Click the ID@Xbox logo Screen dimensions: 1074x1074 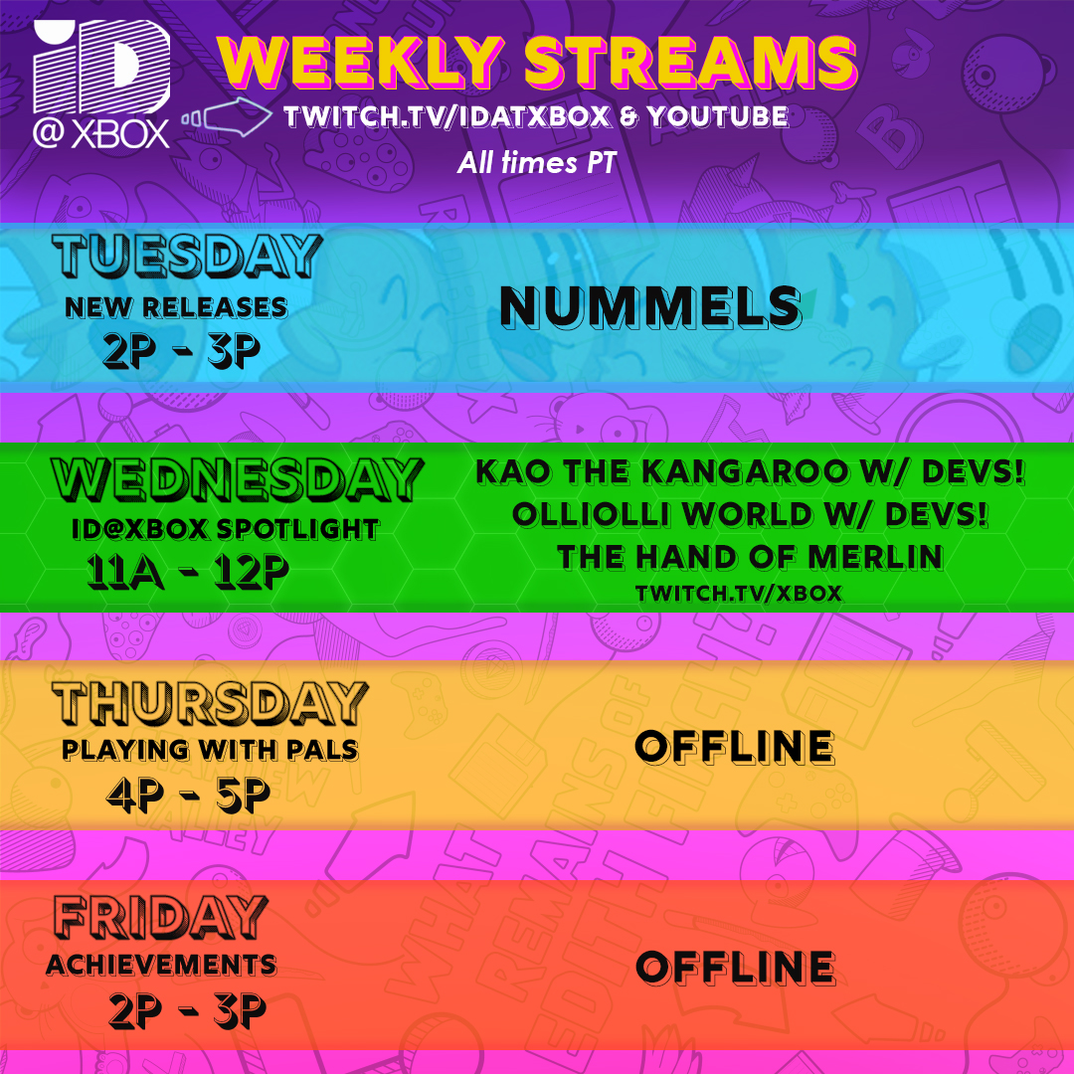point(101,86)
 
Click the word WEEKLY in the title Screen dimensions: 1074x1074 point(363,63)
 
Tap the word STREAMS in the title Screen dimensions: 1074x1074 point(690,63)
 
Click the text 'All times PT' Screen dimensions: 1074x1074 point(537,162)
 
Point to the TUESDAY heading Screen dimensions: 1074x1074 point(187,256)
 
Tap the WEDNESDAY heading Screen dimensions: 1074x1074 point(236,481)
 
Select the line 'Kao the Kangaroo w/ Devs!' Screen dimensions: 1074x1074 point(750,471)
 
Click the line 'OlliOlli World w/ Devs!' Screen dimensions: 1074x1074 point(750,514)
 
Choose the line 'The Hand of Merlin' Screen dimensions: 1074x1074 point(750,557)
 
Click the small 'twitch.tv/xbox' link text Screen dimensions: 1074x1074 point(740,594)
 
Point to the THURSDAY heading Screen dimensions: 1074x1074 point(210,703)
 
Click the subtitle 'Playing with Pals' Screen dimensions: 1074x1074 point(210,750)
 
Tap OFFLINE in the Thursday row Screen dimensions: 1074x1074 point(735,747)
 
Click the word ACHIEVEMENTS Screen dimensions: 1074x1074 point(161,964)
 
